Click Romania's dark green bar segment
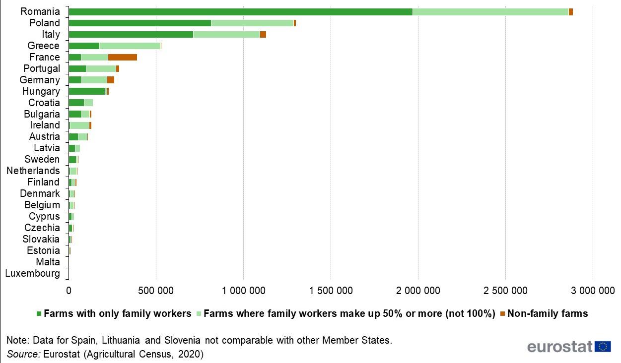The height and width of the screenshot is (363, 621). [240, 12]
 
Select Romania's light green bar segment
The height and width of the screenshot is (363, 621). [490, 12]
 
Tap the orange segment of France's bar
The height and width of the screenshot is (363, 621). [123, 58]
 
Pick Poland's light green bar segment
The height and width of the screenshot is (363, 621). [252, 23]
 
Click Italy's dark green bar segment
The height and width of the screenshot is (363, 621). [131, 35]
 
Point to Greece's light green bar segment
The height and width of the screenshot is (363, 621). [130, 46]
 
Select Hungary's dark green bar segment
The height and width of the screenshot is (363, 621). [86, 91]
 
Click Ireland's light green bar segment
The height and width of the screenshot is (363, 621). [79, 125]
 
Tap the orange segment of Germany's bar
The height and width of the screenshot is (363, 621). [111, 80]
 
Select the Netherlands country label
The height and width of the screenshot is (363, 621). [33, 171]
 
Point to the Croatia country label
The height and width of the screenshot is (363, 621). [44, 103]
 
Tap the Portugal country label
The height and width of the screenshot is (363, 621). [42, 69]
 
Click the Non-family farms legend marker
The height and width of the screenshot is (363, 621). [502, 314]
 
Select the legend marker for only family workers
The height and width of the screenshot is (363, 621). [39, 314]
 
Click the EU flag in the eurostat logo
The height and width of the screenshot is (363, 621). [603, 347]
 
